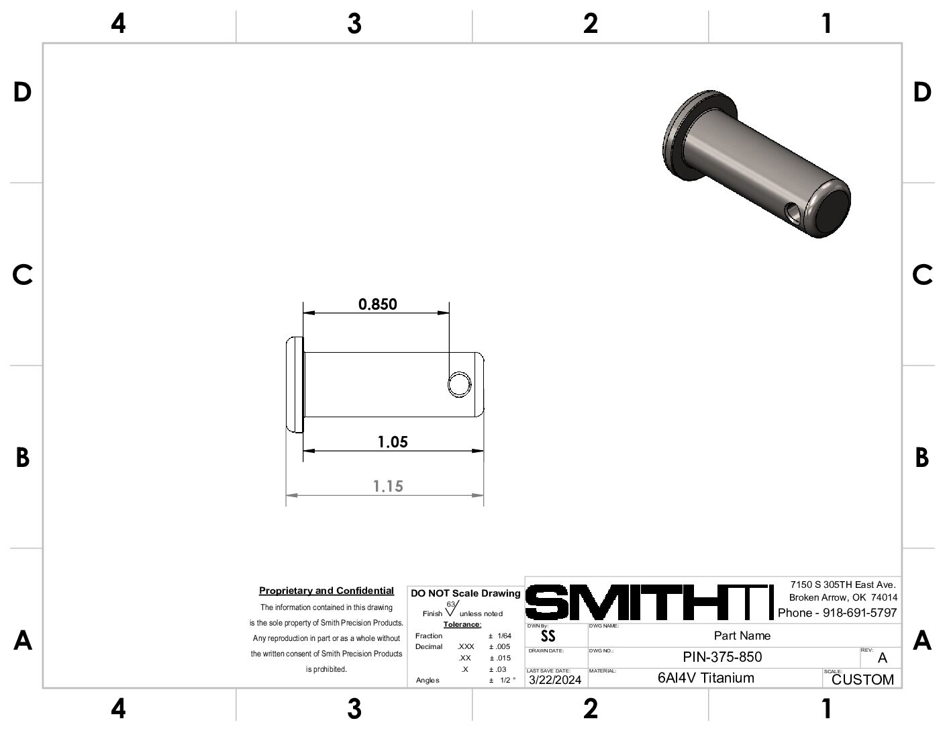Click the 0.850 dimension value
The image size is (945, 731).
[377, 304]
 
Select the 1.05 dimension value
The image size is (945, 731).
[393, 442]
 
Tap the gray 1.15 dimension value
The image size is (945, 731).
[388, 486]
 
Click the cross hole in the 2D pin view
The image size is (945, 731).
[460, 384]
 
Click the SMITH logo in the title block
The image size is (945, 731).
[648, 602]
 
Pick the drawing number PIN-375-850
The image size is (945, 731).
[722, 657]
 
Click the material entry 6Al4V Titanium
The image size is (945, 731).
[705, 678]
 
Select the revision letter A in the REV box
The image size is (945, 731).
[882, 658]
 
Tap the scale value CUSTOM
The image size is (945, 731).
[862, 680]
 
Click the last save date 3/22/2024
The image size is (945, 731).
[555, 680]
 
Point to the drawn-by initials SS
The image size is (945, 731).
[548, 636]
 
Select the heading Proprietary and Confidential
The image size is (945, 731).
[326, 591]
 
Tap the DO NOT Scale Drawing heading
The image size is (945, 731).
[465, 593]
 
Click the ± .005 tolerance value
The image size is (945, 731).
[499, 646]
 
